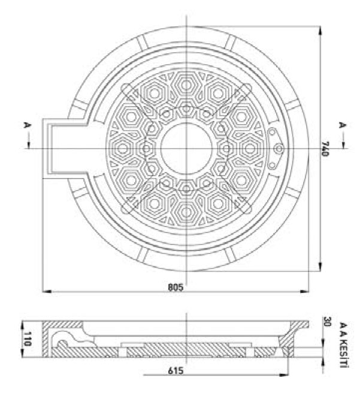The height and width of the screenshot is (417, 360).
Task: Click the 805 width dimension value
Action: [x=175, y=288]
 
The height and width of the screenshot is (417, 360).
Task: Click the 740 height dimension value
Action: [x=326, y=149]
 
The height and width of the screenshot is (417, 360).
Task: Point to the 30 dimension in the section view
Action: [x=327, y=322]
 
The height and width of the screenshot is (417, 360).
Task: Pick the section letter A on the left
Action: [x=26, y=126]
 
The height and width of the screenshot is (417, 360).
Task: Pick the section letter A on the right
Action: [x=343, y=126]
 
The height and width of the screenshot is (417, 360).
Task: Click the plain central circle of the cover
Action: [x=186, y=147]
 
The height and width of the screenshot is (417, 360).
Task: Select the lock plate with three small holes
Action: [x=276, y=148]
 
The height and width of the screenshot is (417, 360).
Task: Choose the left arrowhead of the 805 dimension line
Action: [x=45, y=292]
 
